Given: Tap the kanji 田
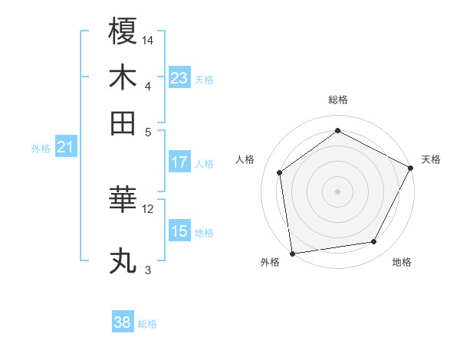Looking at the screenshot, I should click(123, 123).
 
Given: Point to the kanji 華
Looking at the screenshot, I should click(123, 201).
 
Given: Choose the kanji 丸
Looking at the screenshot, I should click(123, 261).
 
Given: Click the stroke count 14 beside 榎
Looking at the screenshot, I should click(148, 39).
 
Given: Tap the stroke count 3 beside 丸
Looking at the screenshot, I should click(147, 270).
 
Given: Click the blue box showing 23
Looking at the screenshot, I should click(179, 77).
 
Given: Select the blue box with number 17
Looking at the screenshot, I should click(179, 162).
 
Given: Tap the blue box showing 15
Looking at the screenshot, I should click(179, 231).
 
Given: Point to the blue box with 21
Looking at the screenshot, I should click(65, 146).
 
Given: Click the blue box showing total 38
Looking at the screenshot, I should click(123, 322).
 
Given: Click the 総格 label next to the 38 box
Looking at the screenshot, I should click(147, 324).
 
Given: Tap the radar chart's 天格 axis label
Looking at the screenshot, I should click(431, 159).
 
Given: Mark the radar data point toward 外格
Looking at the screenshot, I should click(292, 253).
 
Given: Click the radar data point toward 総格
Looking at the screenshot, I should click(337, 131).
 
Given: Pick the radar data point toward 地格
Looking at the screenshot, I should click(374, 242).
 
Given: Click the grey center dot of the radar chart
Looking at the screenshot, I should click(337, 191).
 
